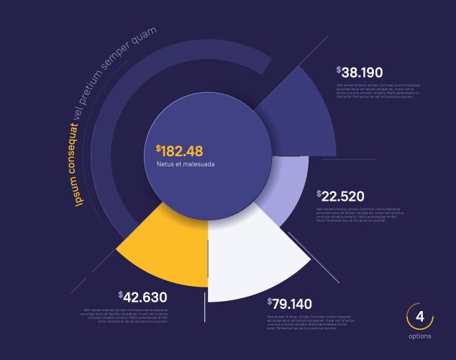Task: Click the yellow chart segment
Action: (169, 248)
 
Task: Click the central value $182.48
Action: (180, 150)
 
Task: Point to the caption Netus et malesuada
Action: (186, 164)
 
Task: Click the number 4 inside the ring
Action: (420, 317)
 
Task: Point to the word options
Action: (420, 336)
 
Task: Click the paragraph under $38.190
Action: (377, 90)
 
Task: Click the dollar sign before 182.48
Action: (158, 148)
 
